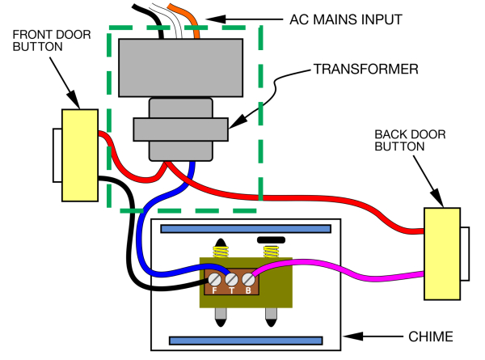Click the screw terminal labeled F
tap(215, 280)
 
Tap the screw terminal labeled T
tap(231, 280)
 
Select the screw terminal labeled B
tap(248, 280)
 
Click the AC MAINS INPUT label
tap(346, 19)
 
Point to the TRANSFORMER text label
tap(366, 69)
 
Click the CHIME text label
tap(431, 337)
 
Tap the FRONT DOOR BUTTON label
tap(52, 40)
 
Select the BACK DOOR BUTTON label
tap(410, 140)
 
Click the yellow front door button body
tap(80, 155)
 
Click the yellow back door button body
tap(442, 254)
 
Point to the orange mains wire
tap(189, 19)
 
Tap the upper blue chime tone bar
tap(246, 229)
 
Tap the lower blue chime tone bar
tap(246, 341)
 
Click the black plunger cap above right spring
tap(272, 240)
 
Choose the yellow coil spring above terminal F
tap(221, 252)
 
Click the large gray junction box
tap(180, 68)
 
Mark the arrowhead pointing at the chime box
tap(352, 337)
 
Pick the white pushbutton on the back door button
tap(465, 254)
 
